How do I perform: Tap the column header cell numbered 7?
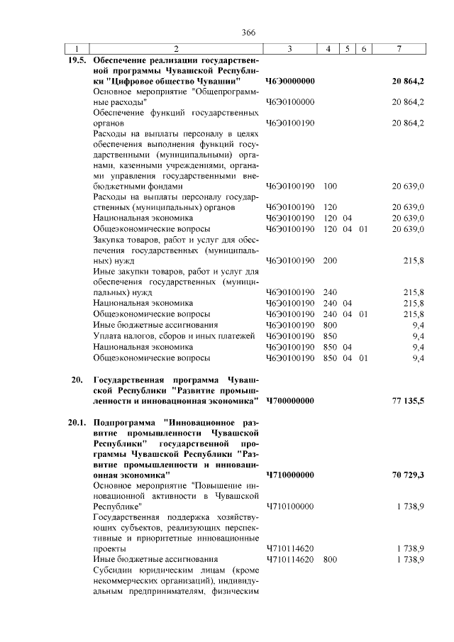tap(400, 48)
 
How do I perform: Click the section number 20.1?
tap(77, 422)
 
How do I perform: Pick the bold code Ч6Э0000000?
tap(291, 82)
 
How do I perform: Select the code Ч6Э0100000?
tap(290, 102)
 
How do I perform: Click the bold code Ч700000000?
tap(291, 402)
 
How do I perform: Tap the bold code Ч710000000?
tap(291, 474)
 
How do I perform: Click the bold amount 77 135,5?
tap(408, 402)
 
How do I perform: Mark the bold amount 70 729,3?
tap(408, 474)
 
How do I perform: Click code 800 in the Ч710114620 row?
tap(330, 560)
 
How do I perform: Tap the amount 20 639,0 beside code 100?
tap(409, 187)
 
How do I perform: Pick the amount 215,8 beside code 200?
tap(414, 260)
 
